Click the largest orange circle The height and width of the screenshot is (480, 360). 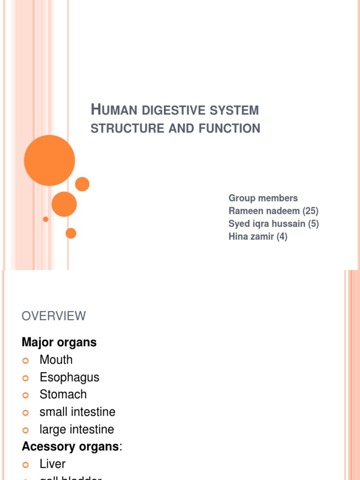[49, 160]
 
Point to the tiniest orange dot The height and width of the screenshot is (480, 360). [45, 219]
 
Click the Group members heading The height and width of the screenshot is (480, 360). [263, 198]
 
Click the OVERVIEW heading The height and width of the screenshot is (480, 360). [54, 316]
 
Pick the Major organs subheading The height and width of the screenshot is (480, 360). [59, 342]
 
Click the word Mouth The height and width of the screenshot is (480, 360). [56, 360]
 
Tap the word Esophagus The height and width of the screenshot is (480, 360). [69, 377]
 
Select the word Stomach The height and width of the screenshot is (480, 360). [63, 395]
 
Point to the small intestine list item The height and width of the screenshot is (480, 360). [77, 412]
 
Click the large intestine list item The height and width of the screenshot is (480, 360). [77, 429]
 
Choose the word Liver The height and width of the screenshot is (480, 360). [52, 464]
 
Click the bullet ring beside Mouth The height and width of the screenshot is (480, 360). [26, 360]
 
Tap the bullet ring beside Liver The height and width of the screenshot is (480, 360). [26, 465]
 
